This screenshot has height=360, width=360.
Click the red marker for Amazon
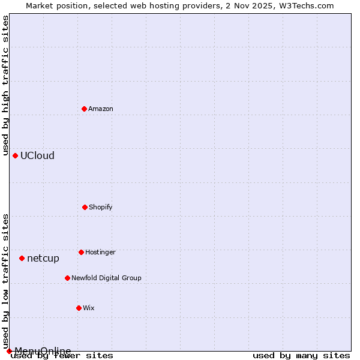click(84, 109)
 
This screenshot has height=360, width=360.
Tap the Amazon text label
click(101, 109)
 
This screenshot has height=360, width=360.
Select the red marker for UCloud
click(15, 155)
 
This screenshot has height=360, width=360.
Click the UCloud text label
click(37, 155)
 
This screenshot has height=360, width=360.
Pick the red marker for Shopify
click(85, 207)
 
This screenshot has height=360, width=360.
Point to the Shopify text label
click(101, 207)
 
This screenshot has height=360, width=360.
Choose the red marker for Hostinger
click(81, 252)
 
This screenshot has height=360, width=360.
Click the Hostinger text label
click(100, 252)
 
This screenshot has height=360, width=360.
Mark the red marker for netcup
click(22, 258)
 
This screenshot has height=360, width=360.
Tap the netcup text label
click(43, 259)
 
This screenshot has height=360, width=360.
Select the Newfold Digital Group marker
click(67, 278)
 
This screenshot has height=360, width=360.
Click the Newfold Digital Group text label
click(106, 278)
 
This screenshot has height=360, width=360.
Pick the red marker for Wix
click(79, 308)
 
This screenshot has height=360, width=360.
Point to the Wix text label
click(89, 308)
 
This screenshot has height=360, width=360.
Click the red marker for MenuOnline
click(9, 351)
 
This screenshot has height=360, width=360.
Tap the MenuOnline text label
click(43, 351)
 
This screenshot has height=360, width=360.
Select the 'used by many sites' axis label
click(301, 356)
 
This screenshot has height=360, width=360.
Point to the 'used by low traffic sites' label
click(5, 281)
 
